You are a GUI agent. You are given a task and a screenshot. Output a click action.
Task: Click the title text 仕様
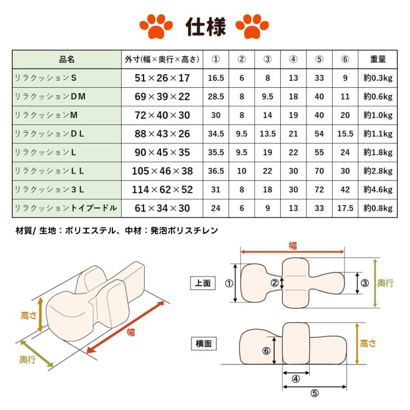pos(205,28)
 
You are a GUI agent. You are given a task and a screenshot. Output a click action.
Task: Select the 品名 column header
pos(67,59)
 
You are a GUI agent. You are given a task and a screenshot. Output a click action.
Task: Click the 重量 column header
pos(378,59)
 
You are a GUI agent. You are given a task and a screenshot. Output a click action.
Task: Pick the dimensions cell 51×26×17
pos(162,78)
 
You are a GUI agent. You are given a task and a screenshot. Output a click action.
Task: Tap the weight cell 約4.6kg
pos(378,190)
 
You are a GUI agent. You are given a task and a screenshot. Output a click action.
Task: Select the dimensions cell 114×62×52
pos(162,190)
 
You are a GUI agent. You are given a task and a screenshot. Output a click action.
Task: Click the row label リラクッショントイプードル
pos(66,208)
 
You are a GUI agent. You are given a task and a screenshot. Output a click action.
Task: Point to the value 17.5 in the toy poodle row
pos(345,208)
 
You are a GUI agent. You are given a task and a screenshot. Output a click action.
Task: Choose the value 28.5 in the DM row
pos(216,97)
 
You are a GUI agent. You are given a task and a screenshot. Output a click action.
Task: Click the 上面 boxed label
pos(203,283)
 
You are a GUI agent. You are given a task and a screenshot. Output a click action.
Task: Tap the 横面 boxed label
pos(203,344)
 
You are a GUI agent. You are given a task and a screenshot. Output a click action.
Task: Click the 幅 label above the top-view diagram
pos(292,246)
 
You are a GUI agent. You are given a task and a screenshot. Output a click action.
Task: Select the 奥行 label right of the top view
pos(385,283)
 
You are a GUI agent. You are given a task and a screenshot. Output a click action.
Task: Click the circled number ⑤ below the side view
pos(314,394)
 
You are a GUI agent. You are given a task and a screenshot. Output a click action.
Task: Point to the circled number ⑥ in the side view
pos(267,351)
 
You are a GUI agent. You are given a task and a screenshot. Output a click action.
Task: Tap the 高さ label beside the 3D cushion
pos(28,315)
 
